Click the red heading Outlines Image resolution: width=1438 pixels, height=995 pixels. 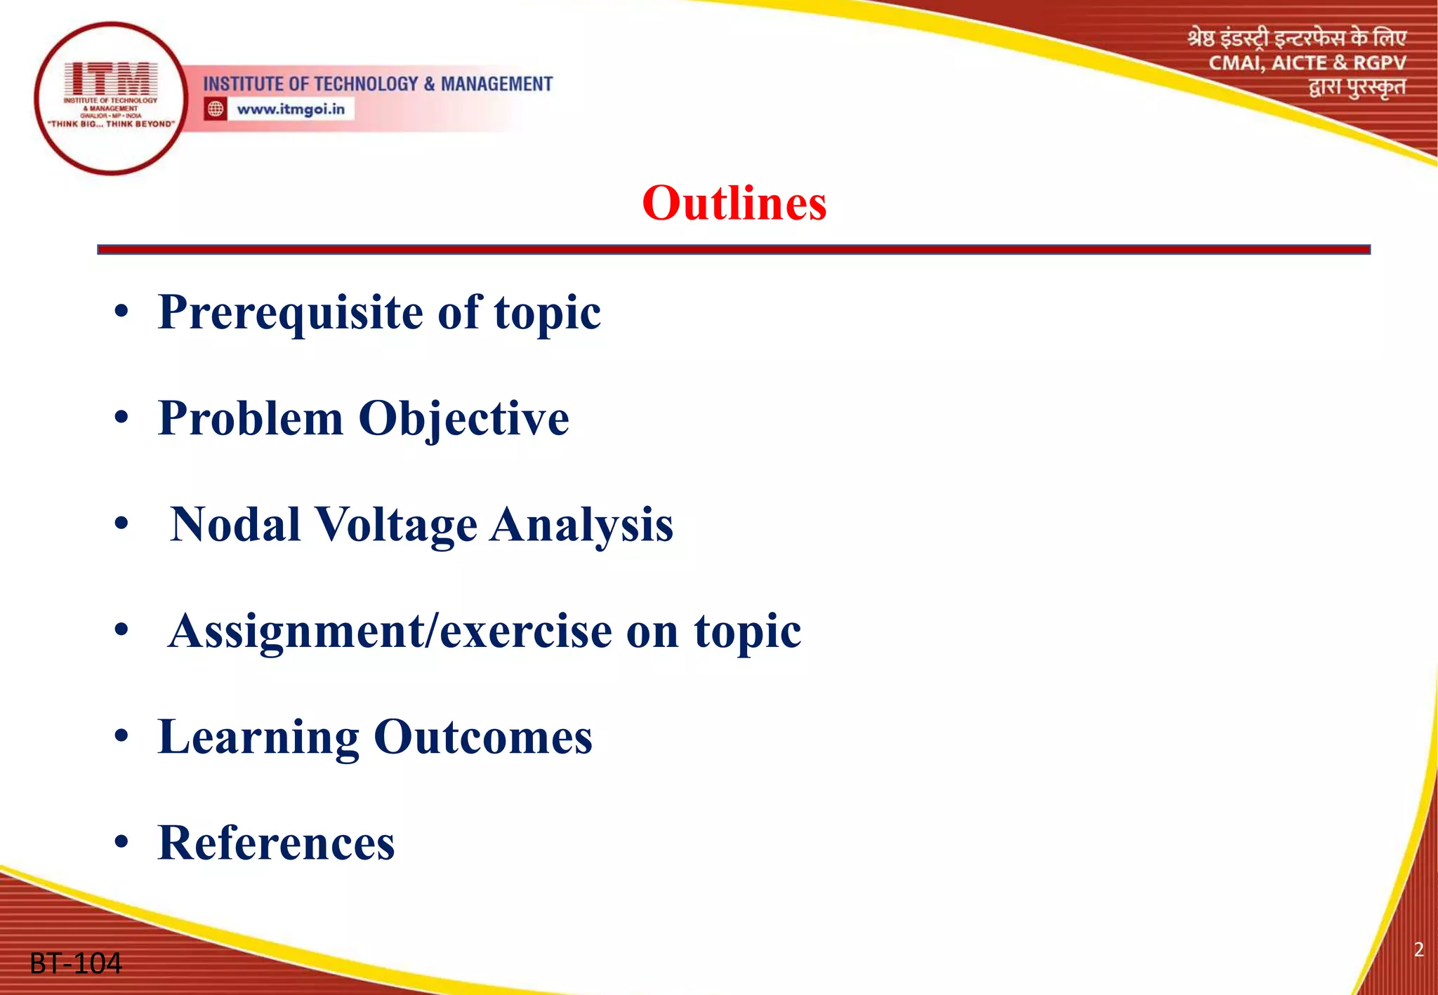click(734, 203)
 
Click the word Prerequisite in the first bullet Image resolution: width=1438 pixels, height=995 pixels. click(291, 313)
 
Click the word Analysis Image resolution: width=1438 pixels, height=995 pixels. click(581, 525)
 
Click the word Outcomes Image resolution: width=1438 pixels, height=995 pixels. click(483, 737)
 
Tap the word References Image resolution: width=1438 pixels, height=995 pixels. click(277, 843)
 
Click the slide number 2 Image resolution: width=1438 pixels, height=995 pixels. click(1418, 949)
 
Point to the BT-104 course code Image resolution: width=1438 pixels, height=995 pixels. click(76, 963)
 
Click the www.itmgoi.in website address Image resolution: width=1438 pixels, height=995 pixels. click(291, 109)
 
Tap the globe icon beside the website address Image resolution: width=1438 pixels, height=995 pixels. click(216, 109)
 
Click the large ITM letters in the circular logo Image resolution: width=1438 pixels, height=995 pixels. click(111, 79)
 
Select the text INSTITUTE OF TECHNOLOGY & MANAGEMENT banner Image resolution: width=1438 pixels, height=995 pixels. click(378, 84)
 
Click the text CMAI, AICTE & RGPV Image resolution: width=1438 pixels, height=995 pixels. click(1307, 63)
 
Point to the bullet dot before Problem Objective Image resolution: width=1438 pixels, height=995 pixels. click(122, 419)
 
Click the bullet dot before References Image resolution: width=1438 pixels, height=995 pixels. click(122, 843)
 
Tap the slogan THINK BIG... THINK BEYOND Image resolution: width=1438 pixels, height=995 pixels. click(111, 124)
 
